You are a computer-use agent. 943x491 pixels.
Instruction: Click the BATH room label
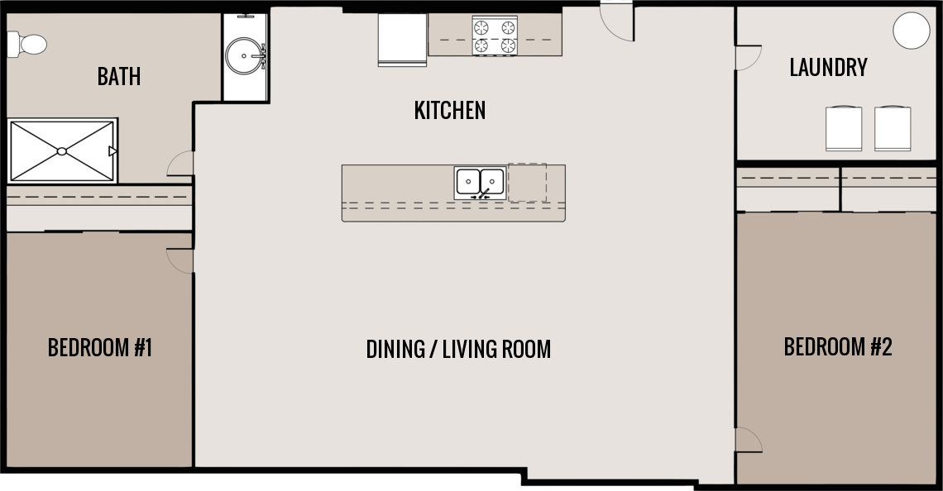coord(119,77)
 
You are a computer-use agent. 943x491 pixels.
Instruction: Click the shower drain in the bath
coord(62,151)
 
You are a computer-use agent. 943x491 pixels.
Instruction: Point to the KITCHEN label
coord(449,110)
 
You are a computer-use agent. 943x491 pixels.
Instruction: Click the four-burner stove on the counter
coord(494,36)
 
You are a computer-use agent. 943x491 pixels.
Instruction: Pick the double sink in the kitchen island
coord(480,182)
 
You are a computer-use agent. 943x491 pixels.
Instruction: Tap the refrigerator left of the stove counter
coord(402,39)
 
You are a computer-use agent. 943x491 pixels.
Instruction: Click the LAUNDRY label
coord(828,68)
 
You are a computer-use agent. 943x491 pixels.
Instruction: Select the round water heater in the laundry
coord(912,31)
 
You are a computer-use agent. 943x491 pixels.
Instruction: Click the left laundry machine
coord(844,129)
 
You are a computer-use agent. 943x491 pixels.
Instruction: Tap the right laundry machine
coord(893,129)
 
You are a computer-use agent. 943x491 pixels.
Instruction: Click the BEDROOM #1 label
coord(100,347)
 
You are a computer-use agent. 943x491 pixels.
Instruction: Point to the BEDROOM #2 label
coord(837,346)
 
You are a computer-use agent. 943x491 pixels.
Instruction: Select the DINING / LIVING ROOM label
coord(458,349)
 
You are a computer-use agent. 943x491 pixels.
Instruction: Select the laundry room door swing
coord(747,58)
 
